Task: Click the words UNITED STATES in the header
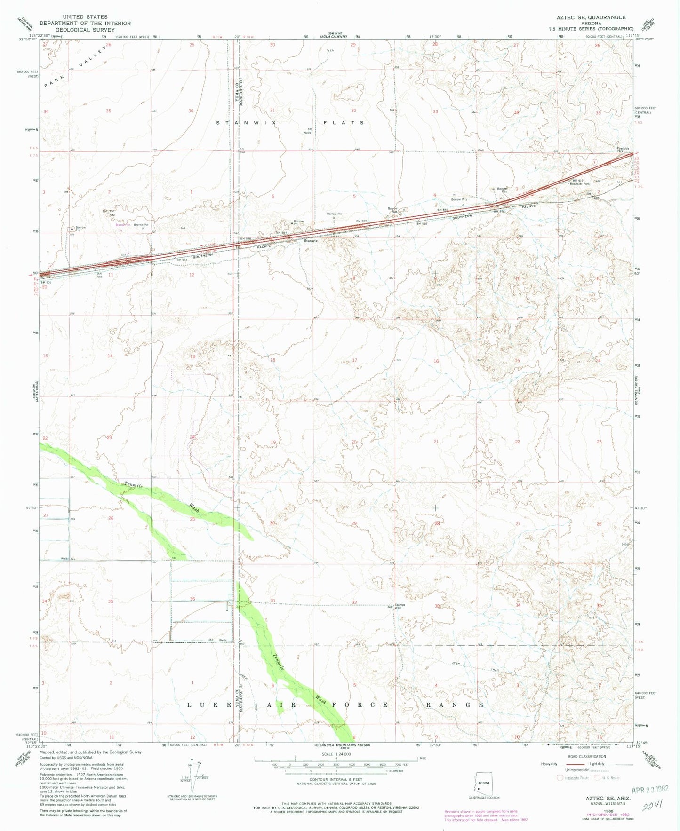[85, 17]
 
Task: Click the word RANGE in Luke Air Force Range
[455, 704]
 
